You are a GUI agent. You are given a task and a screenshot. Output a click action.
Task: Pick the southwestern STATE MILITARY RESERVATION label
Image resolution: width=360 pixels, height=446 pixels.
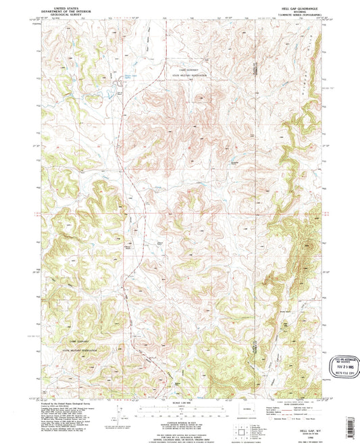[80, 351]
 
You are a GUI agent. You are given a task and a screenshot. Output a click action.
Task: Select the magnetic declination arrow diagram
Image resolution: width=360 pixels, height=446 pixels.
[120, 410]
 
